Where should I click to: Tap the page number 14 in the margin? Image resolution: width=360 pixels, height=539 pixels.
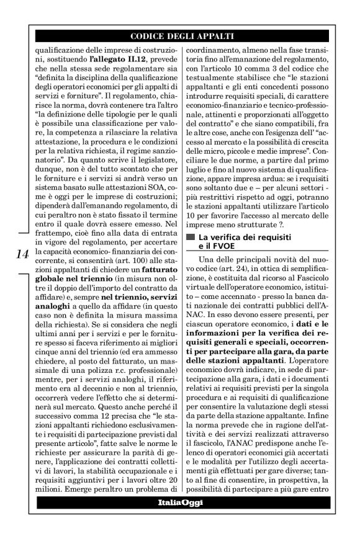click(x=21, y=255)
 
